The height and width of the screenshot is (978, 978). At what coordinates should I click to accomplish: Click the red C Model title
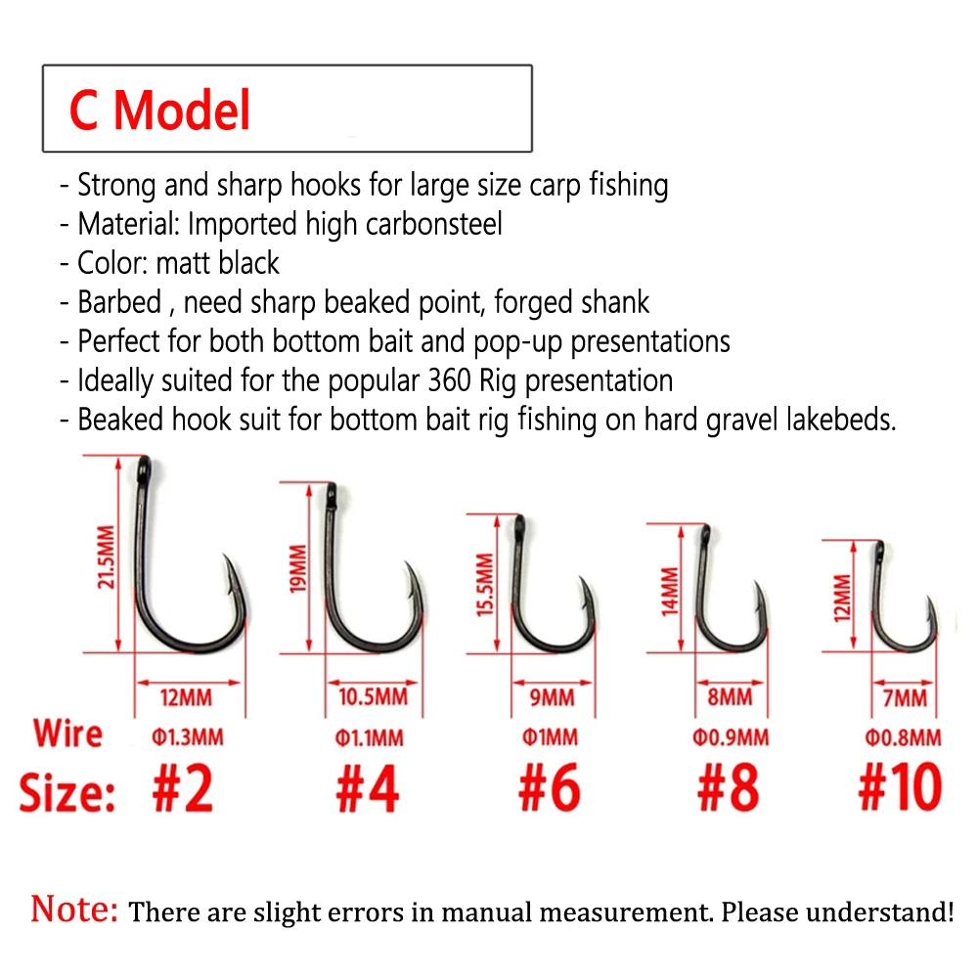coord(160,110)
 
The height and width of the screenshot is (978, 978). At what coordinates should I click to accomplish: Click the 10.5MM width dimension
coord(375,697)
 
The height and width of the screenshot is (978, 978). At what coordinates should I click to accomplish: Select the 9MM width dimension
coord(553,697)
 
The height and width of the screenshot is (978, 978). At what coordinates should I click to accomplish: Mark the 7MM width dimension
coord(905,697)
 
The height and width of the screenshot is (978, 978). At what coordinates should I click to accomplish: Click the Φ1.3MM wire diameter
coord(187,736)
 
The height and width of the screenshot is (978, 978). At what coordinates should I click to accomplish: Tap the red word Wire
coord(67,733)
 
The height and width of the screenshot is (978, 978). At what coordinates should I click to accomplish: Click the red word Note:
coord(74,909)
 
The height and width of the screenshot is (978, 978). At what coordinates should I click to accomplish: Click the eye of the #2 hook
coord(143,462)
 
